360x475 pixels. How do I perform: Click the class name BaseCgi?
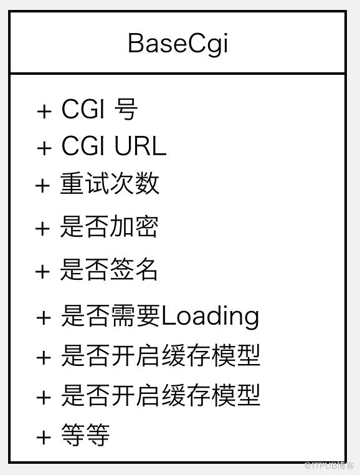[178, 44]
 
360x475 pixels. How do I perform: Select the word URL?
[140, 146]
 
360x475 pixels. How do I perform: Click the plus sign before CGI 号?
[44, 111]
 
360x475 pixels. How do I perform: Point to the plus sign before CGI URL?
[44, 148]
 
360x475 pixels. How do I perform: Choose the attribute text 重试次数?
[110, 183]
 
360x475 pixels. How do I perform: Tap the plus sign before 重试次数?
[43, 185]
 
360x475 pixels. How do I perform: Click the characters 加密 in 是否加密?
[133, 226]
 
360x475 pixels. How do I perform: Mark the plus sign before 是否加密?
[43, 228]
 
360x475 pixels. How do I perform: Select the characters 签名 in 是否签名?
[133, 269]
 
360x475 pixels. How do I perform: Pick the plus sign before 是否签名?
[43, 271]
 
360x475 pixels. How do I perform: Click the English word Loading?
[210, 317]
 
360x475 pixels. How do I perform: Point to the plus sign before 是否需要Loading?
[44, 318]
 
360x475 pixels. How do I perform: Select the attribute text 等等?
[85, 434]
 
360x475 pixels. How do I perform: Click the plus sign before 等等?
[44, 438]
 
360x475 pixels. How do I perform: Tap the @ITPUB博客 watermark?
[328, 466]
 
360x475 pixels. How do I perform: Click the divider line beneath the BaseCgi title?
[178, 74]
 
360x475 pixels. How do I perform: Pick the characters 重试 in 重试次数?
[85, 183]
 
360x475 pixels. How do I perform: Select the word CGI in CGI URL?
[83, 146]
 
